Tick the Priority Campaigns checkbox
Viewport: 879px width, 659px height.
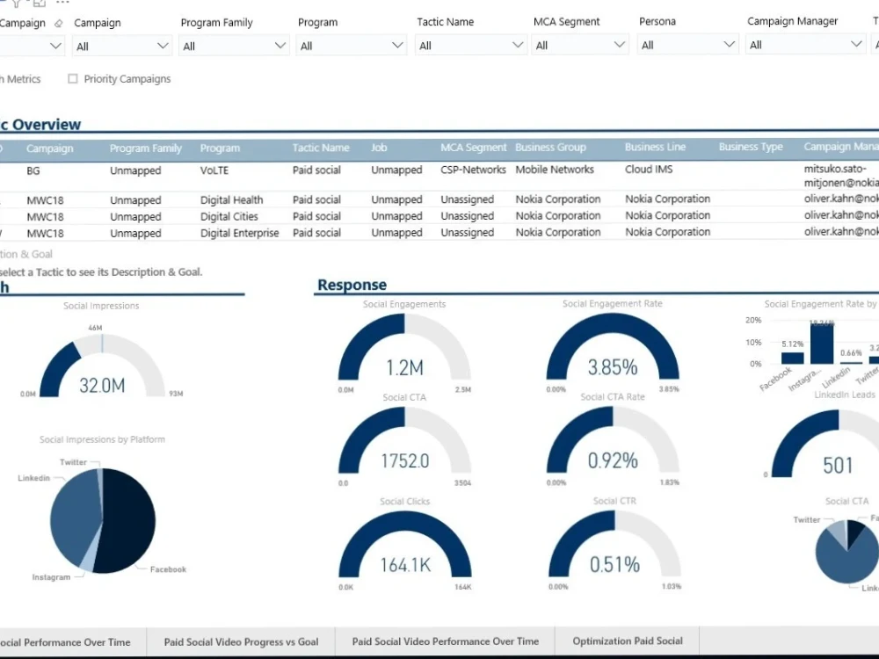pos(73,79)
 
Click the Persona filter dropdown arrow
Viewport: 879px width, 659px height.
pos(728,45)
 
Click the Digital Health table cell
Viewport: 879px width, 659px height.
pos(231,200)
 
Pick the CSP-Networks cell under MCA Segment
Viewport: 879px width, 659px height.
pos(473,170)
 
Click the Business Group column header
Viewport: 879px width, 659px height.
pos(550,148)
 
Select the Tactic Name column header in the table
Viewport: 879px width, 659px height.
pos(321,148)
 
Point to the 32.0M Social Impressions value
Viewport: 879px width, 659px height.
pos(102,385)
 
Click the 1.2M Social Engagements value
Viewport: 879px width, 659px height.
pos(404,367)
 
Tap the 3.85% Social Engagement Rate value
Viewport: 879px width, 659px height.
pos(613,367)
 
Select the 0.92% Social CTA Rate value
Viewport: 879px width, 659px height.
pos(613,460)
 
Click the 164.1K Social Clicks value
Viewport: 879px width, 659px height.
pos(405,565)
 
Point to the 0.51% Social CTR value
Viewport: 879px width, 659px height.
pos(614,564)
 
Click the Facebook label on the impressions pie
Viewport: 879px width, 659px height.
pos(168,569)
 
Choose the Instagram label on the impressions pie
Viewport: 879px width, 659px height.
pos(51,577)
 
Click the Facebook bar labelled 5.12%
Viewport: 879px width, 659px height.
pos(792,358)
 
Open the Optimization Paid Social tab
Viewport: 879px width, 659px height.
pos(628,641)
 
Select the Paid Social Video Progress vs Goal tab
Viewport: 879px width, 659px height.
pos(241,642)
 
